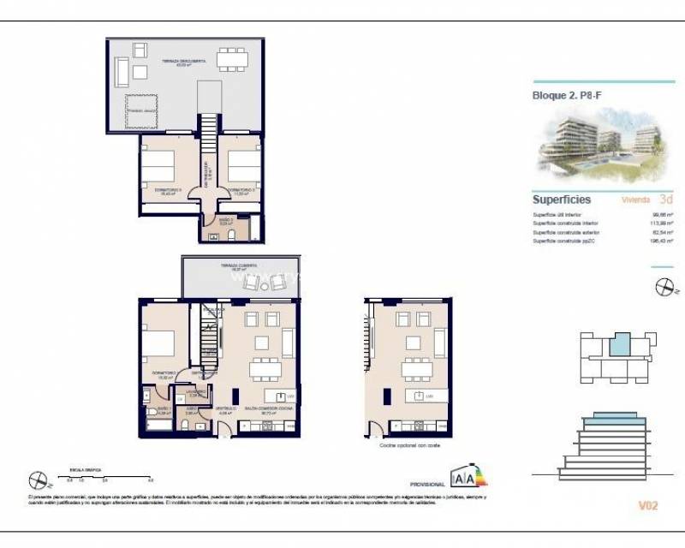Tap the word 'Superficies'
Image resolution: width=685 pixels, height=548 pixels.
click(x=562, y=200)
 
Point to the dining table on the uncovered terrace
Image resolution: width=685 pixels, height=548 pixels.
click(x=230, y=59)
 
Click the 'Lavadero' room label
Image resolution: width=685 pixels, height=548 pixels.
click(x=196, y=393)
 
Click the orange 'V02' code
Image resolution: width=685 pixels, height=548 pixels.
click(x=647, y=506)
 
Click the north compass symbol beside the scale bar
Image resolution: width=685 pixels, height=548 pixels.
click(x=37, y=481)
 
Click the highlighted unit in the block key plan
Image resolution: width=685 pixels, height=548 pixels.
click(x=618, y=346)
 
